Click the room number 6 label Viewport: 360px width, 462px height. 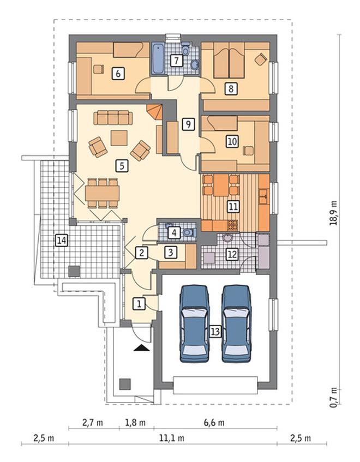point(118,74)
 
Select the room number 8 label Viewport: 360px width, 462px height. point(231,88)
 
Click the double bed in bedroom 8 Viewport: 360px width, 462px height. point(229,60)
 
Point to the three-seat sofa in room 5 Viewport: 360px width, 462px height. point(113,118)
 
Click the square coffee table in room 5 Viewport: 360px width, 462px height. point(119,138)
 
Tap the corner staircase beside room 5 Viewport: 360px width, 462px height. point(155,111)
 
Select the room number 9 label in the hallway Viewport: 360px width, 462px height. point(188,124)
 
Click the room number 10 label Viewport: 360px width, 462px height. point(232,141)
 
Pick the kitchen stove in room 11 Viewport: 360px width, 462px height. point(233,225)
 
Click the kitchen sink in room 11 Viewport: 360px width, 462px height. point(263,196)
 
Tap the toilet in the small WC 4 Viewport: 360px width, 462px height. point(188,232)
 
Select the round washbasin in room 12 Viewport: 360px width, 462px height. point(227,237)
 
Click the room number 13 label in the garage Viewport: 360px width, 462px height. point(215,332)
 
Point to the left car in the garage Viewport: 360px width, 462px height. point(194,323)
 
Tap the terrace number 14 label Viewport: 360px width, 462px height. point(62,241)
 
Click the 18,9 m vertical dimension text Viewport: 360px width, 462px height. point(333,213)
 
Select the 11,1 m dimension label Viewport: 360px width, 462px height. point(172,438)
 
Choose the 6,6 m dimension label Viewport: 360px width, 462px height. point(214,423)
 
